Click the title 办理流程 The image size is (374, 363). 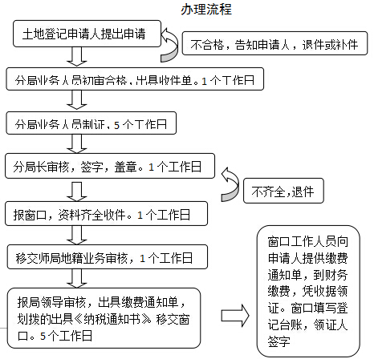click(205, 10)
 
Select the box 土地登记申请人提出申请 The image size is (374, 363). click(87, 34)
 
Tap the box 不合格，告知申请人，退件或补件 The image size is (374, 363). click(274, 43)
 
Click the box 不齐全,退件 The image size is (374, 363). click(283, 191)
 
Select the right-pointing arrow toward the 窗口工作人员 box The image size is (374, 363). click(235, 316)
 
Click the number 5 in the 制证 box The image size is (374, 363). click(116, 125)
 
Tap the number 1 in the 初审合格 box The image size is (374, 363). click(205, 81)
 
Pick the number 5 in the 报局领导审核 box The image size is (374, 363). click(43, 336)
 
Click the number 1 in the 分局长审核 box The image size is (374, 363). click(151, 167)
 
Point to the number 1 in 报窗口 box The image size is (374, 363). click(140, 215)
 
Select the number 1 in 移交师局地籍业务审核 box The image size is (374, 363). click(142, 258)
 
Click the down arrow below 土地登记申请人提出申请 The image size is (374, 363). click(77, 57)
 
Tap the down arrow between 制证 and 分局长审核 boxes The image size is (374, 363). click(77, 143)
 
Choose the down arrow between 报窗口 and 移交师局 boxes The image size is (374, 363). click(77, 236)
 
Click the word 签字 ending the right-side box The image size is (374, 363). click(278, 341)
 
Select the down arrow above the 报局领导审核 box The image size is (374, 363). click(77, 278)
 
